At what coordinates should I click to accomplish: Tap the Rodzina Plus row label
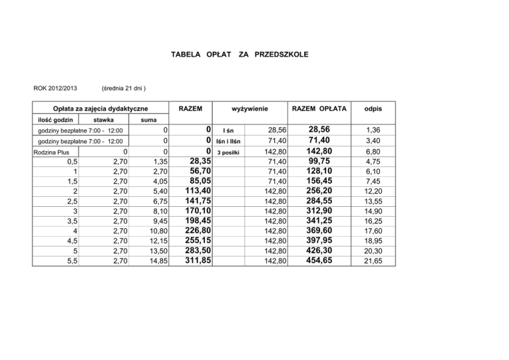coord(54,152)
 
